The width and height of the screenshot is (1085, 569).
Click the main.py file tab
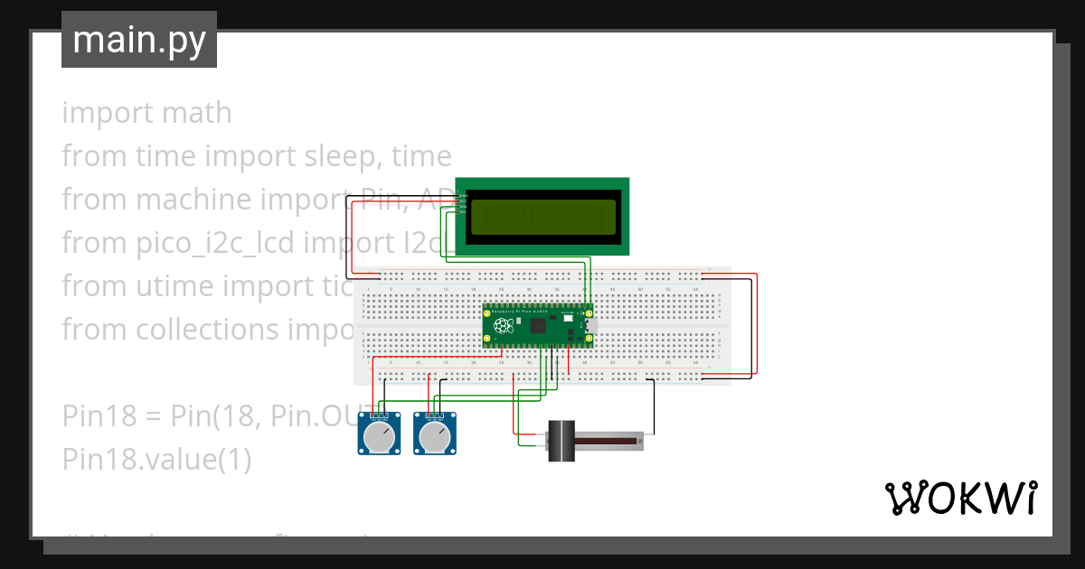[139, 41]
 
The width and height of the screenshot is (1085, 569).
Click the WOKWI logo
[959, 498]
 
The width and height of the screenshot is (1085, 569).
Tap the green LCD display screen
[542, 216]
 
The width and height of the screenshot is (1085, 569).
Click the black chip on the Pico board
[539, 325]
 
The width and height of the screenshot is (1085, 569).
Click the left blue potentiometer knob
[378, 438]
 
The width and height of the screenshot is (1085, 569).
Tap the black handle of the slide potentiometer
[564, 440]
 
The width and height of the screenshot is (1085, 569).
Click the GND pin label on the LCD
[463, 193]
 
